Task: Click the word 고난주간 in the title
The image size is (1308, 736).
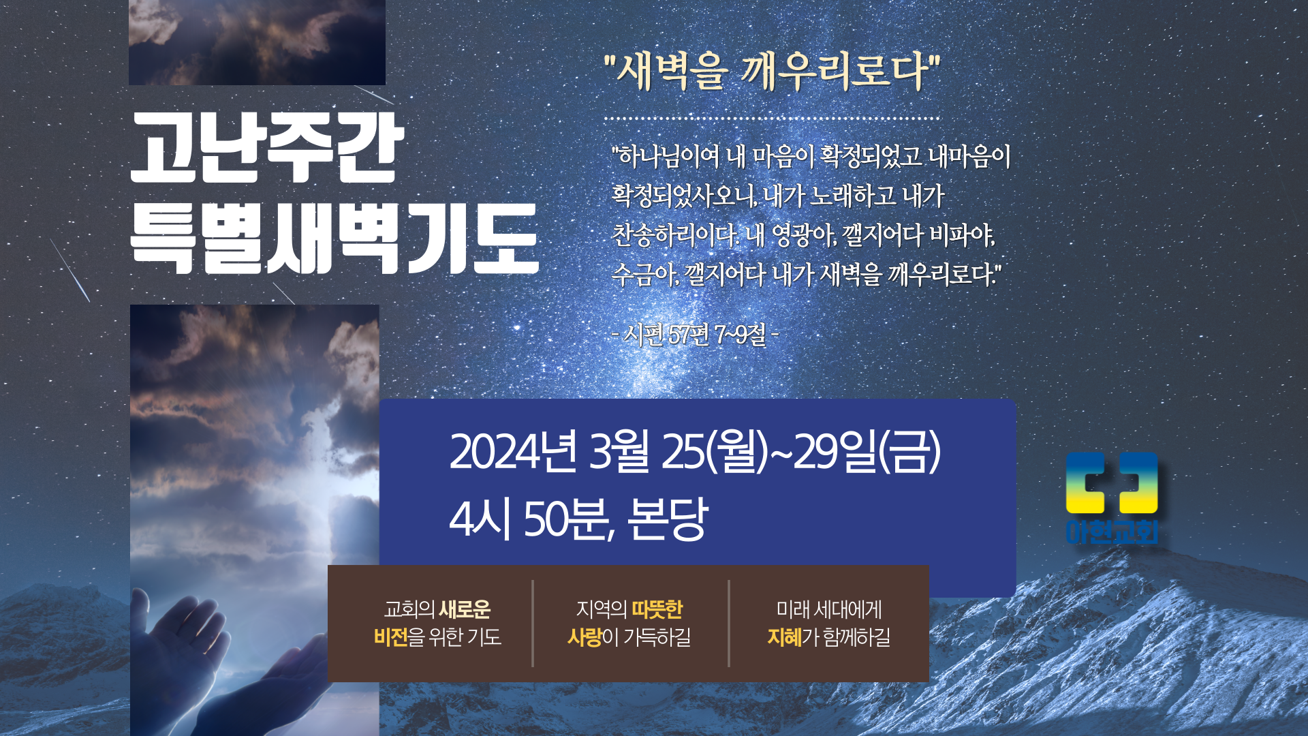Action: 267,148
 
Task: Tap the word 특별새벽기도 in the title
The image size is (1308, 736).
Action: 334,239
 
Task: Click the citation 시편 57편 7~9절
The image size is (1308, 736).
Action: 696,334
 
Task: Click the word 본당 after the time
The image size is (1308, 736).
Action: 668,519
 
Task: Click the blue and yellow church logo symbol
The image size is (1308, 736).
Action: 1111,482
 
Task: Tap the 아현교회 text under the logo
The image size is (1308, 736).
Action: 1112,532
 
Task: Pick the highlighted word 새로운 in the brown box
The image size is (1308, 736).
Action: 465,609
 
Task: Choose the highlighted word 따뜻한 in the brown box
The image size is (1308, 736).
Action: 657,609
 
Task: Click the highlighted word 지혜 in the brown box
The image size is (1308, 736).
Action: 784,637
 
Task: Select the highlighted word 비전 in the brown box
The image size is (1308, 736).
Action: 390,637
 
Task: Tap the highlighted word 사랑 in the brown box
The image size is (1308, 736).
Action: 585,637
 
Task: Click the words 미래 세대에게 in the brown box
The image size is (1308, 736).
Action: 829,609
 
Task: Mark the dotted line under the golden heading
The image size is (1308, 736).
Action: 772,118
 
